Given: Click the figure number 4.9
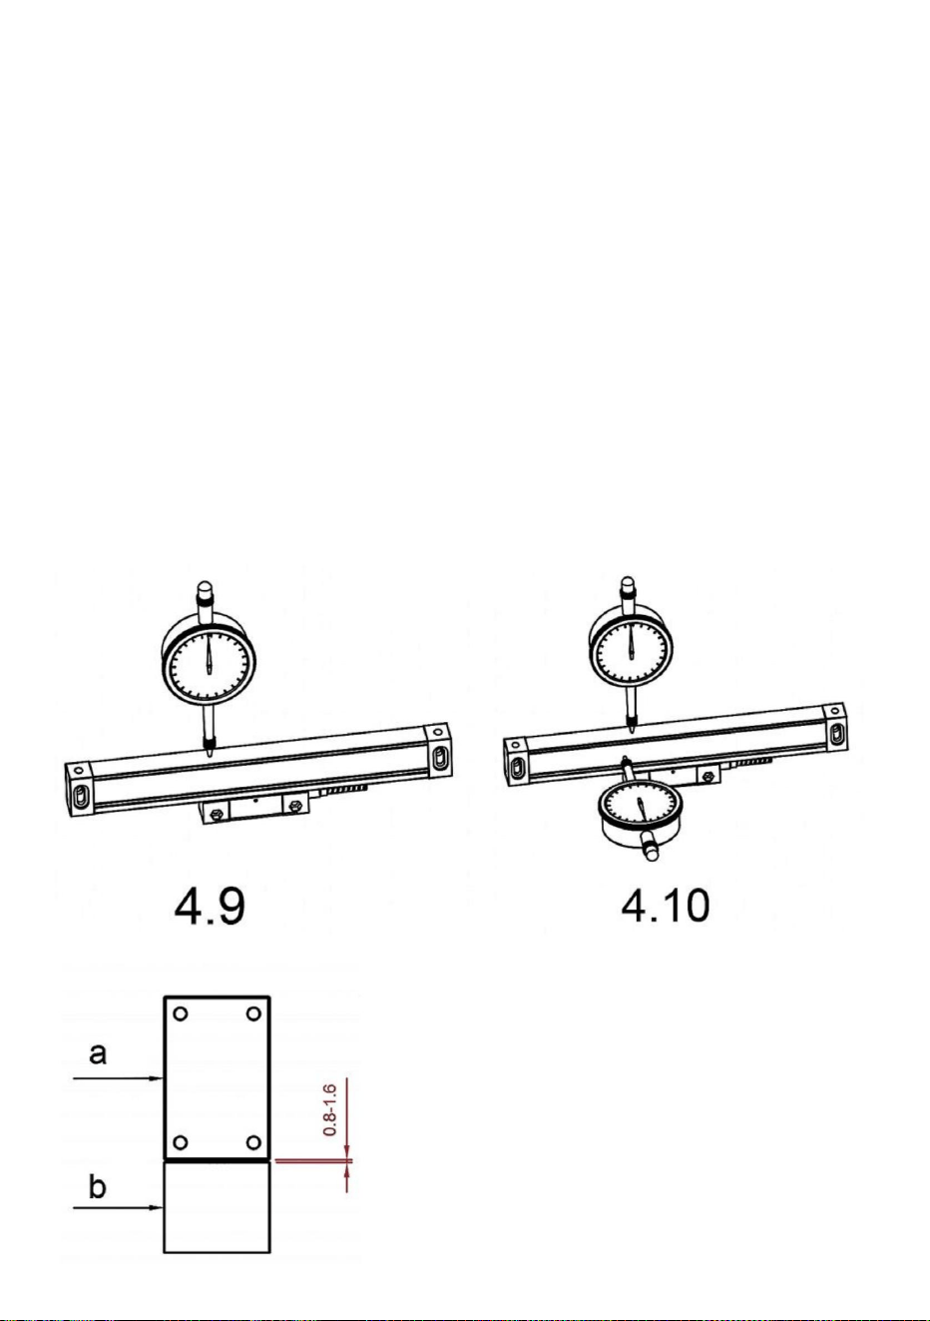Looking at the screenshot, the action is coord(210,907).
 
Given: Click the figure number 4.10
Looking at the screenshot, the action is coord(665,906).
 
